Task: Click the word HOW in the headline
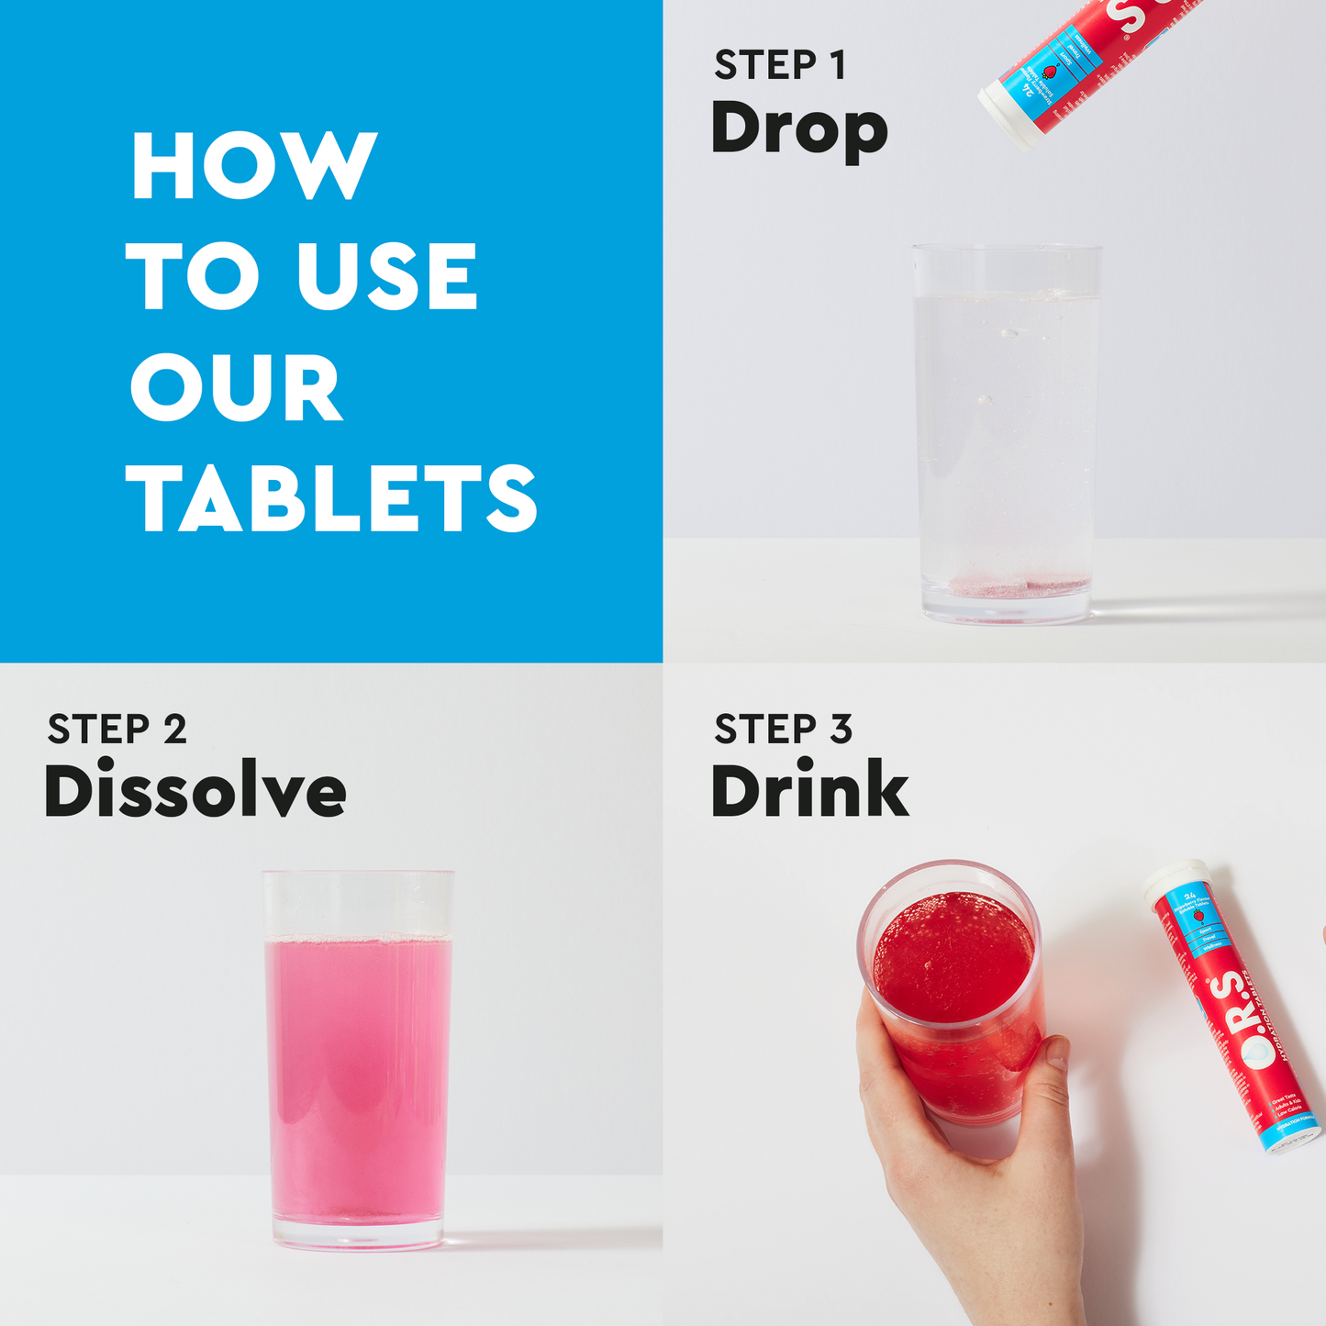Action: pos(254,165)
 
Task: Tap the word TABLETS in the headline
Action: pos(331,497)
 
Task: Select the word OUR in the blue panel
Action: pos(237,387)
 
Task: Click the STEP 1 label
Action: pos(780,66)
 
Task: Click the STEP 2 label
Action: pos(117,730)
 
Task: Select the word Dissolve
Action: pos(195,791)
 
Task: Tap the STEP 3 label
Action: pos(784,730)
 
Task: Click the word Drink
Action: pos(809,791)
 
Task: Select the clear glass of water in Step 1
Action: pos(1007,431)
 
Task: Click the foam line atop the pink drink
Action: pos(358,939)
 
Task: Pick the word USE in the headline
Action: pos(386,276)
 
